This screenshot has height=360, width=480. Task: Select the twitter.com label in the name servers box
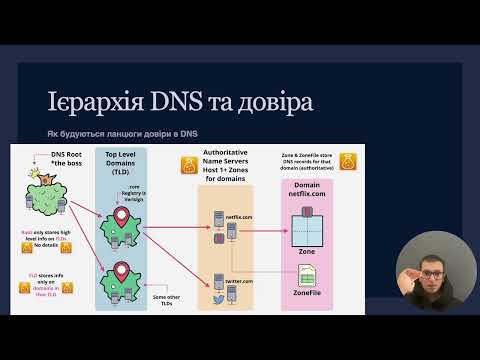[x=237, y=281]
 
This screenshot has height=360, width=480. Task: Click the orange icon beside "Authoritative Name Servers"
[x=196, y=165]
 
